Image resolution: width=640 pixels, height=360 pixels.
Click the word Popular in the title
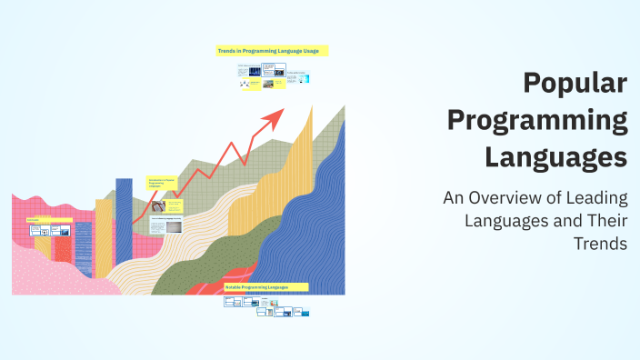click(x=576, y=84)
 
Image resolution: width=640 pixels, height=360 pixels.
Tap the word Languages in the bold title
click(x=556, y=155)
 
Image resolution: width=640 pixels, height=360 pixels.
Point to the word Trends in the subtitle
click(x=600, y=244)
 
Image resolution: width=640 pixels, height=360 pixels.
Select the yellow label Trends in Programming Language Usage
click(x=272, y=51)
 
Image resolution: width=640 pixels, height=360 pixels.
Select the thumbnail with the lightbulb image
click(x=170, y=205)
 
